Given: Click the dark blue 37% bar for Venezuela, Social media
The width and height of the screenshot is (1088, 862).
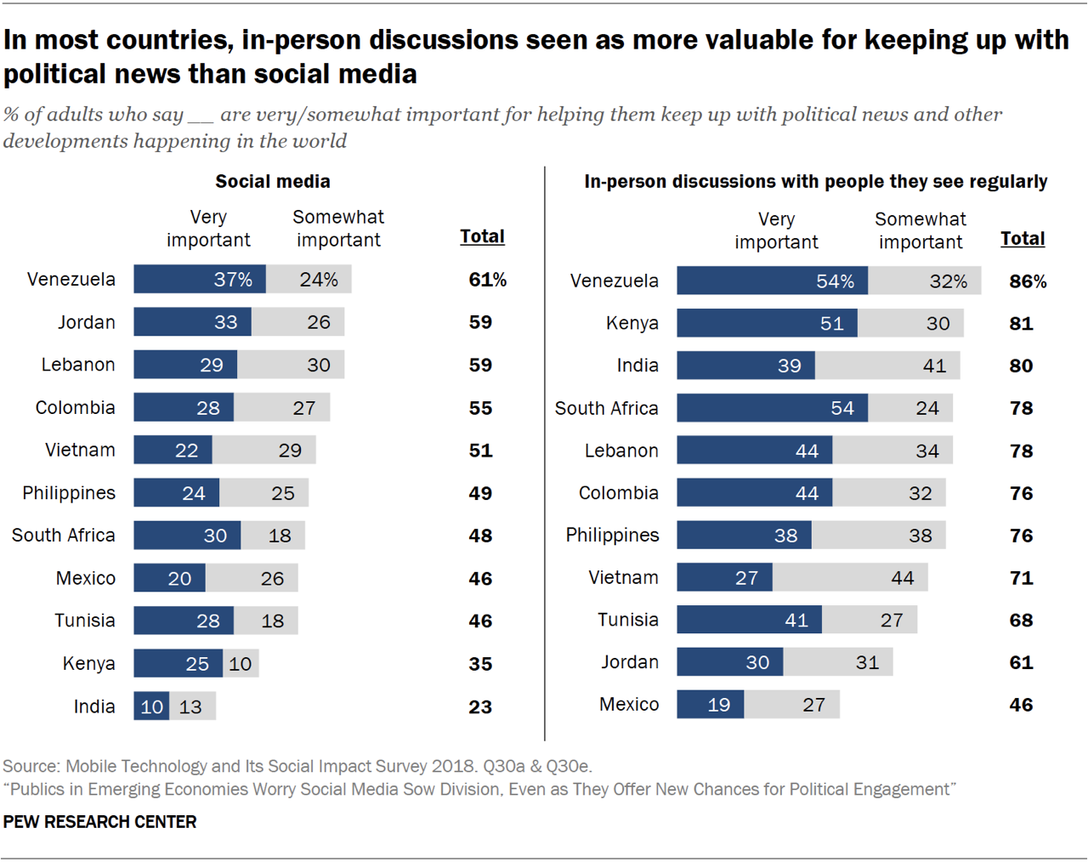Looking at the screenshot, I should [x=200, y=279].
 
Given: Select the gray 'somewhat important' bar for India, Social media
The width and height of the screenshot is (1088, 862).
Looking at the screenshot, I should [x=193, y=706].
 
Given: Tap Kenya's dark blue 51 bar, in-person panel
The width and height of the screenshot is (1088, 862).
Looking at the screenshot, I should [x=767, y=323].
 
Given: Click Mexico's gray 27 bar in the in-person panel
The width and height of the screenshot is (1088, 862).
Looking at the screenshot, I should [x=791, y=705].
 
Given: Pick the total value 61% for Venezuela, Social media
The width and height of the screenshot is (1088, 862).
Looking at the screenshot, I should [x=487, y=280].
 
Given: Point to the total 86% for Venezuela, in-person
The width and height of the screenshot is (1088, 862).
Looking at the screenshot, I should [x=1028, y=281].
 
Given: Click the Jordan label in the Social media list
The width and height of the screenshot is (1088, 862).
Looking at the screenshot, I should [x=86, y=322].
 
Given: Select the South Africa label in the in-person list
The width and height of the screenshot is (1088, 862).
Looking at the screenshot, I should [x=606, y=408].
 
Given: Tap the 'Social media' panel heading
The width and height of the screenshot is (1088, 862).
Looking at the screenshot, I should [x=272, y=181].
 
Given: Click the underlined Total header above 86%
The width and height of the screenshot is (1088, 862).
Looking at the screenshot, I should [x=1023, y=239].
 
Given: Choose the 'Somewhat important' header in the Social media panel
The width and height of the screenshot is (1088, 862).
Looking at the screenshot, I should [x=338, y=228].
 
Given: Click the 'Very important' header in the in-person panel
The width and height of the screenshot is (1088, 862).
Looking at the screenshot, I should [x=776, y=230].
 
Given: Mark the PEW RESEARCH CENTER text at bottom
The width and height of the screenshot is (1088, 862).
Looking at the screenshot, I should [x=99, y=822].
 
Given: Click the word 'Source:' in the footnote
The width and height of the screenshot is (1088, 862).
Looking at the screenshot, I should [x=31, y=766].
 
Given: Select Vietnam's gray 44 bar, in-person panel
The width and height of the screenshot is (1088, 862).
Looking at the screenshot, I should [x=850, y=578].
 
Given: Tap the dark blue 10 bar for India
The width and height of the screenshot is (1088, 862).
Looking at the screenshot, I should [x=151, y=706].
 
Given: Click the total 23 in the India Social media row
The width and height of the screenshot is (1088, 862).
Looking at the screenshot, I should [x=480, y=706].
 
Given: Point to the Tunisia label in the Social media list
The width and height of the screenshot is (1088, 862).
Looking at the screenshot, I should [x=84, y=621].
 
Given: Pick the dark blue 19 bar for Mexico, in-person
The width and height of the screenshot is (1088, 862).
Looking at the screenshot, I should [x=710, y=705].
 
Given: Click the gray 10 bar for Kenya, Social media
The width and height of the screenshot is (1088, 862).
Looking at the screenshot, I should [x=241, y=664].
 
